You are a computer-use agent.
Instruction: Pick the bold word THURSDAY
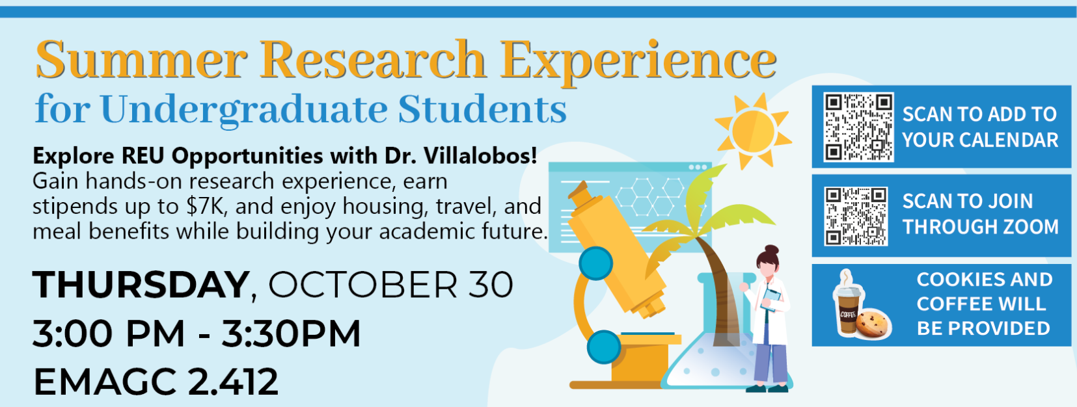click(141, 285)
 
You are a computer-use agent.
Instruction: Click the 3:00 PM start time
click(109, 333)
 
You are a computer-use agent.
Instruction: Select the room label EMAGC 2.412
click(156, 382)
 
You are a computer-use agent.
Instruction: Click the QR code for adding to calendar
click(858, 127)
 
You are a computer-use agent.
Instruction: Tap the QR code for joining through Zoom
click(856, 217)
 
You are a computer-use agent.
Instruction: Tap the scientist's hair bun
click(771, 250)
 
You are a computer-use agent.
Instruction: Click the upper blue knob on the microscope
click(595, 263)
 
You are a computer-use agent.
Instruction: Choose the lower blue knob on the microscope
click(604, 347)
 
